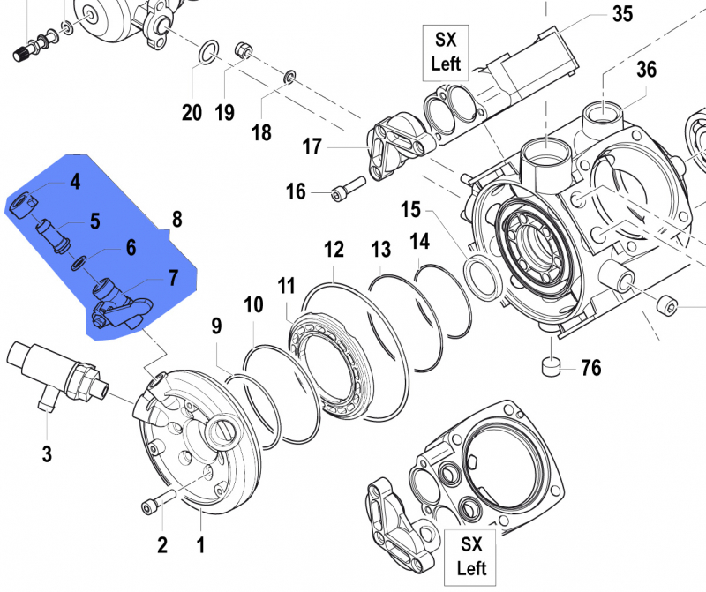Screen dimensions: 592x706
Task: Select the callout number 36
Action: click(646, 69)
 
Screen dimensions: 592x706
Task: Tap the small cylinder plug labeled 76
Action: click(552, 365)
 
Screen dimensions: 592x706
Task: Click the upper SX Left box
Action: click(446, 51)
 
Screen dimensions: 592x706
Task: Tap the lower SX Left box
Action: click(469, 555)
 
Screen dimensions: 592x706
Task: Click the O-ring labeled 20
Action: click(206, 52)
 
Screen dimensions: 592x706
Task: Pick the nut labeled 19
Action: click(244, 52)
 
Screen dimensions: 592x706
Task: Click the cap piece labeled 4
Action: click(24, 207)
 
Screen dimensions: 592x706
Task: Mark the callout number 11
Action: click(286, 286)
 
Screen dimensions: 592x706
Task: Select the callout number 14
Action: click(418, 241)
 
